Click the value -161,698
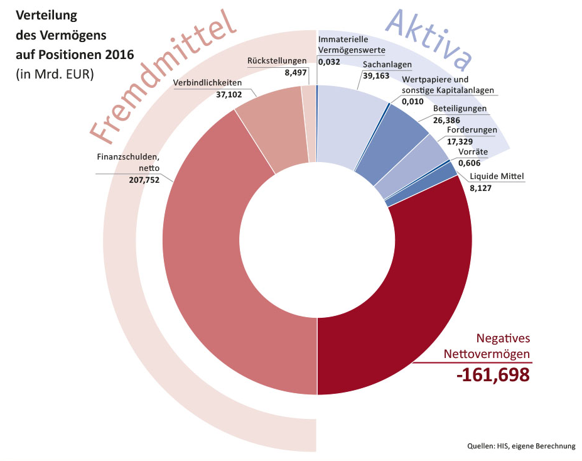tap(493, 375)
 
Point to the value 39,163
tap(375, 75)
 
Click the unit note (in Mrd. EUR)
tap(55, 73)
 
